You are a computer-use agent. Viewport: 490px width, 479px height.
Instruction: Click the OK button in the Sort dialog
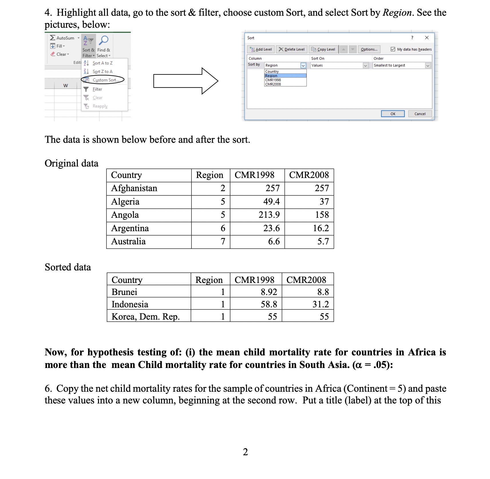pos(393,114)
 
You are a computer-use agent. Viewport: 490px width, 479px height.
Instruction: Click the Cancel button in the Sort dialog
pos(420,114)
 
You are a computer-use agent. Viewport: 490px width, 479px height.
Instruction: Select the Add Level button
pos(261,49)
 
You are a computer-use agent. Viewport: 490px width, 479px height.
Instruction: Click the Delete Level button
pos(292,49)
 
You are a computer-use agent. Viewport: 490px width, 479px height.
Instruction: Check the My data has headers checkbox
pos(393,49)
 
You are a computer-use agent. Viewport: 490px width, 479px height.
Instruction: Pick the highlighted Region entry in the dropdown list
pos(285,76)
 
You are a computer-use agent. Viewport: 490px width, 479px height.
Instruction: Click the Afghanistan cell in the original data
pos(134,188)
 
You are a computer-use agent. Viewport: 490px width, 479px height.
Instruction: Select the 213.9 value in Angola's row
pos(269,215)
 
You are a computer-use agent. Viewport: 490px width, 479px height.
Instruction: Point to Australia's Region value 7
pos(223,242)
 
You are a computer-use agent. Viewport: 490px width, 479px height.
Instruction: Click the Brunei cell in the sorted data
pos(125,292)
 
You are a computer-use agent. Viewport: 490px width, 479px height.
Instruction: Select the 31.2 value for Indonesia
pos(320,304)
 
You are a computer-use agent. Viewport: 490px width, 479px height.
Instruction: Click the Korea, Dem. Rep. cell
pos(145,317)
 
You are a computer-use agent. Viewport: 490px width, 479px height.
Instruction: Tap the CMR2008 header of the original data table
pos(309,175)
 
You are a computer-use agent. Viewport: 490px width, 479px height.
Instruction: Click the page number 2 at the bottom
pos(245,452)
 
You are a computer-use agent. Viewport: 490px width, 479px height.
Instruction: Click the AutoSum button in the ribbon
pos(62,38)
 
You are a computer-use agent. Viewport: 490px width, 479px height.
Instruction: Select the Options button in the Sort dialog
pos(369,49)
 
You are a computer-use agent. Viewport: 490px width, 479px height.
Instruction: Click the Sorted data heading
pos(68,267)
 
